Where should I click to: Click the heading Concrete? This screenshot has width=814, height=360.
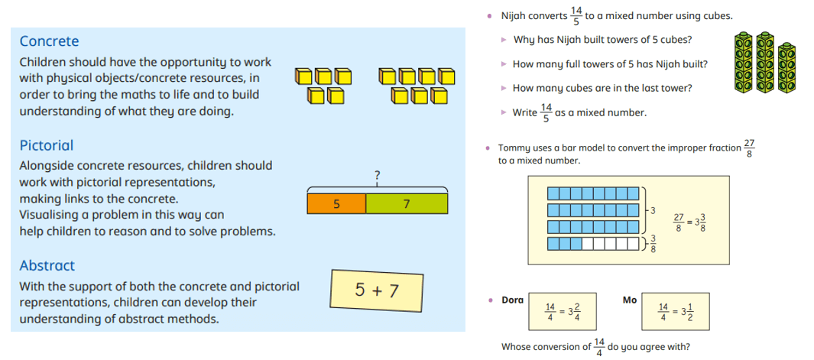50,41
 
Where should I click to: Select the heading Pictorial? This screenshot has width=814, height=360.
47,145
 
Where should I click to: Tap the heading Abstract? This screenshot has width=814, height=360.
47,265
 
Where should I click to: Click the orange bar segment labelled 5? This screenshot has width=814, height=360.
336,203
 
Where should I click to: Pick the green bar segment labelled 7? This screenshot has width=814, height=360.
407,203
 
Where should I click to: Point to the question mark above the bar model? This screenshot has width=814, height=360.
377,177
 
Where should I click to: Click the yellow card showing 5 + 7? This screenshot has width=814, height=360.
377,290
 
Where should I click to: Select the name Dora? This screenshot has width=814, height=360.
512,300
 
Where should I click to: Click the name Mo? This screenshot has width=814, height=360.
629,300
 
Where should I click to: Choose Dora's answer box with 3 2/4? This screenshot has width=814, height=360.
563,312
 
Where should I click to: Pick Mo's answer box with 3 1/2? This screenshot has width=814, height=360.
675,312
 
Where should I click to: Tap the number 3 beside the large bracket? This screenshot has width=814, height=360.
653,210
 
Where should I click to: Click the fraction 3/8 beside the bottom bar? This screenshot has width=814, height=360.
653,243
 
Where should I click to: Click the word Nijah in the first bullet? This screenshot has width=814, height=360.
514,16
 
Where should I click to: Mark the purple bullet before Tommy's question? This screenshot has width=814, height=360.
488,148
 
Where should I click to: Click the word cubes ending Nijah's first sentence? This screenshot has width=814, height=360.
718,16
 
